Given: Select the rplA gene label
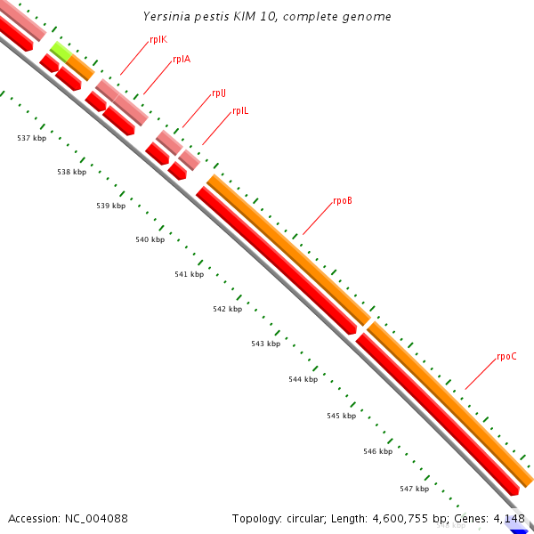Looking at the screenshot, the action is click(x=182, y=60).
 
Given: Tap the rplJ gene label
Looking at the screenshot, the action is click(x=219, y=93).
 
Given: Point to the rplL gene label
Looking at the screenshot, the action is click(x=240, y=111).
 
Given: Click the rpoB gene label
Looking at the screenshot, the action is click(x=343, y=201).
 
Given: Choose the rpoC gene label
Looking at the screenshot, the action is click(x=506, y=357).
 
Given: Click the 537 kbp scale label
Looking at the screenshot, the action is click(x=32, y=138).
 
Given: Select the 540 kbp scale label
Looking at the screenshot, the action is click(x=150, y=240).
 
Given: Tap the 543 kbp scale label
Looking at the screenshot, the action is click(x=265, y=344).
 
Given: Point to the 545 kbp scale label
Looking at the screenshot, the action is click(x=341, y=416).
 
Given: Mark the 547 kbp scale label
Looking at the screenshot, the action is click(x=414, y=489).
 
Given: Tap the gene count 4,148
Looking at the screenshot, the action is click(x=508, y=518).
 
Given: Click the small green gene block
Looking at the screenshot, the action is click(x=61, y=51).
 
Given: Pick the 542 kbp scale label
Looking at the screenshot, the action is click(x=227, y=309).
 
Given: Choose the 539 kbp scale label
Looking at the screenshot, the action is click(x=110, y=206).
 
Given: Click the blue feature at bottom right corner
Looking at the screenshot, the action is click(x=519, y=527).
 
